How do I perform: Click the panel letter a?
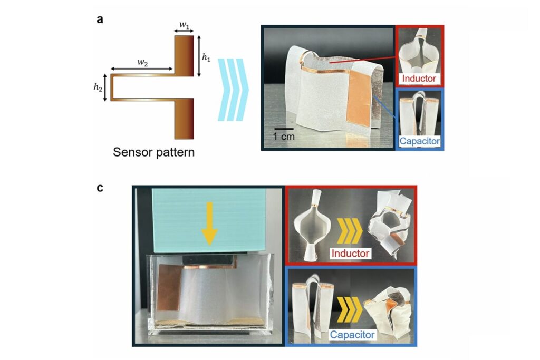coord(100,20)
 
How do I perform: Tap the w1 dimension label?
coord(184,25)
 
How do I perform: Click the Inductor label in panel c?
coord(350,254)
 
